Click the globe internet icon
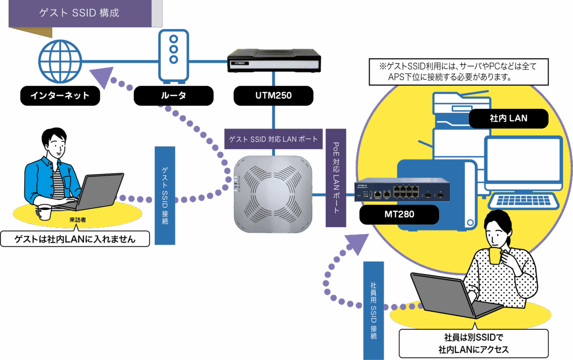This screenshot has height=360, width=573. pyautogui.click(x=60, y=61)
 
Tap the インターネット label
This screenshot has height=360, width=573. pyautogui.click(x=60, y=96)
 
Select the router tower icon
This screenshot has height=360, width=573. pyautogui.click(x=174, y=55)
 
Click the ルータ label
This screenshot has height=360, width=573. pyautogui.click(x=173, y=96)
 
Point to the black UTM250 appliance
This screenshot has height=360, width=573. pyautogui.click(x=274, y=60)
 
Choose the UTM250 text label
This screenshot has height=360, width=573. pyautogui.click(x=273, y=96)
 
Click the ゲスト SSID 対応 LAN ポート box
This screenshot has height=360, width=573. pyautogui.click(x=273, y=139)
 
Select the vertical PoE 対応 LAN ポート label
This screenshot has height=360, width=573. pyautogui.click(x=336, y=178)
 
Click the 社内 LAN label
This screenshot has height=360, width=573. pyautogui.click(x=509, y=118)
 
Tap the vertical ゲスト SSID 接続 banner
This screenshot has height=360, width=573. pyautogui.click(x=165, y=196)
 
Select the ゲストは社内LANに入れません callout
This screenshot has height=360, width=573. pyautogui.click(x=75, y=239)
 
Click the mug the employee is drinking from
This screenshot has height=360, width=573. pyautogui.click(x=496, y=256)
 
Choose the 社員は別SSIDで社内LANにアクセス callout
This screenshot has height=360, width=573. pyautogui.click(x=473, y=344)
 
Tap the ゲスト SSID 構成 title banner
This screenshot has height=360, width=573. pyautogui.click(x=80, y=13)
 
